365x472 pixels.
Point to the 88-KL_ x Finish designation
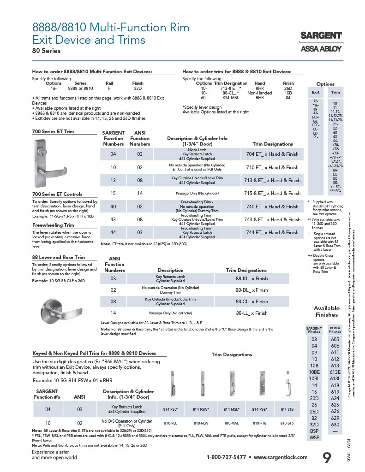251,279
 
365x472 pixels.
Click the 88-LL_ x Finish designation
251,313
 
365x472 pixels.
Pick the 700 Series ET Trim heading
53,131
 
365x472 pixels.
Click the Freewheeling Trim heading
54,225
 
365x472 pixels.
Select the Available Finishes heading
326,312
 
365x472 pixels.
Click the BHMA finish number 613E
335,372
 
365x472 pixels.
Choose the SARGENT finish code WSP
314,437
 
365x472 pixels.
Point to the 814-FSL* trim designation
171,409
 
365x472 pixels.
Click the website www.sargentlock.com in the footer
280,457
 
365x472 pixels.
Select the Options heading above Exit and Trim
325,84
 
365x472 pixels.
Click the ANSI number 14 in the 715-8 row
140,194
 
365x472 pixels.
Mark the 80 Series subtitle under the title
46,51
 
